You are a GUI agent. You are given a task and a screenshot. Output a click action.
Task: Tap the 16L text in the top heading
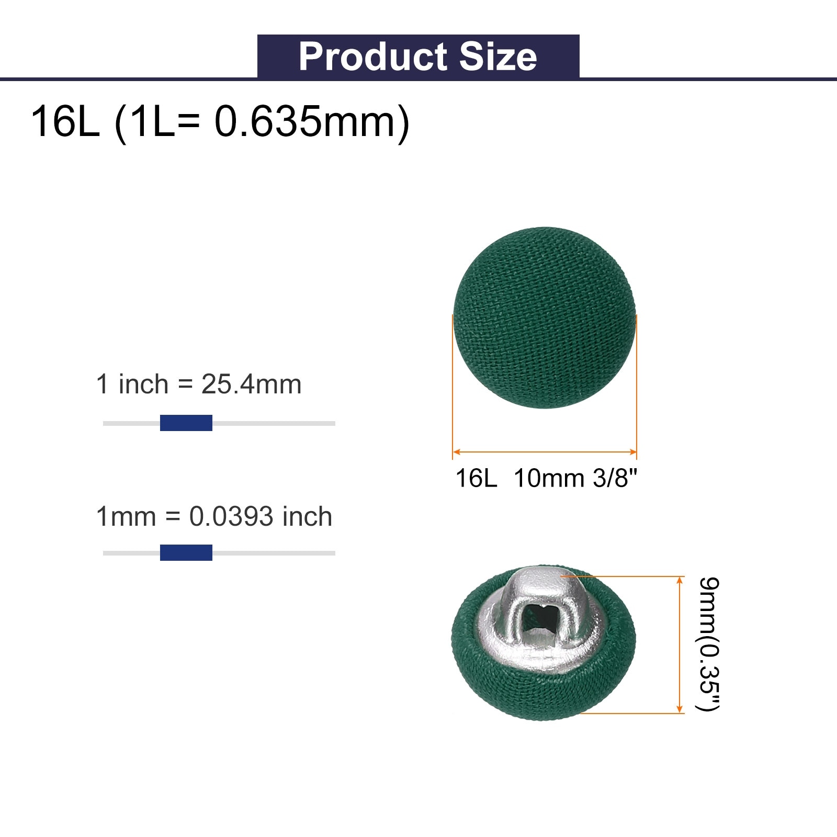point(65,121)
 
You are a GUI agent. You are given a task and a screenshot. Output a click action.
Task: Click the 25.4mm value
point(252,384)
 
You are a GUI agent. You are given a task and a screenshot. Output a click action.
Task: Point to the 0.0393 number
point(231,517)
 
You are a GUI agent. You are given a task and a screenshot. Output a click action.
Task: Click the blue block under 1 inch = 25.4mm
point(186,423)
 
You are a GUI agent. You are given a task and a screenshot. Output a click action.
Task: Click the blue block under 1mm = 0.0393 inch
point(186,552)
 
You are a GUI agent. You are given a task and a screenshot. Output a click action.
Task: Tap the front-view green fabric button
point(545,318)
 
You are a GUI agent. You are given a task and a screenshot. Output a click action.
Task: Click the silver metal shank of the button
point(539,617)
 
